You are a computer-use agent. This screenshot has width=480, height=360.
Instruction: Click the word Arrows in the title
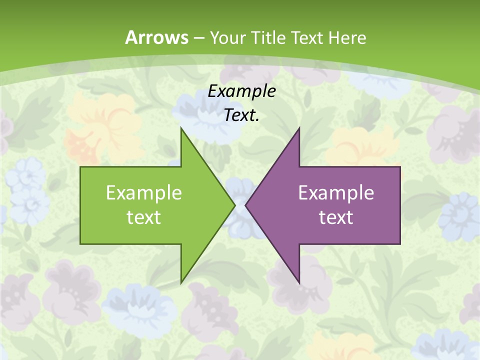pos(156,37)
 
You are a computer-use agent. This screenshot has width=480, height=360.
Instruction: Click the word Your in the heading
pos(227,38)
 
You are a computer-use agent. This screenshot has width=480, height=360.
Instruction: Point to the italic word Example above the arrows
pos(241,91)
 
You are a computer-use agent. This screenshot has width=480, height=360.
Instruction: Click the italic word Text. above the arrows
pos(241,115)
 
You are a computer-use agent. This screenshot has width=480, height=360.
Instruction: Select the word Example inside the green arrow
pos(143,192)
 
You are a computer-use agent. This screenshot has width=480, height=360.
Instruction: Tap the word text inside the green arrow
pos(143,217)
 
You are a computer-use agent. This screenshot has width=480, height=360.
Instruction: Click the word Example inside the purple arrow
pos(336,192)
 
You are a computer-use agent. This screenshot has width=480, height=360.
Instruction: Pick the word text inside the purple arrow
pos(336,217)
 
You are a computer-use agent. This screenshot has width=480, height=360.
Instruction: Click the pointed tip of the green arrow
pos(234,205)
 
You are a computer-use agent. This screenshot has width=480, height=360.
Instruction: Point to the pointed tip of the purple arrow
pos(246,205)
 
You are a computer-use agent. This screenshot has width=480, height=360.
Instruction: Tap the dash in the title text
pos(198,38)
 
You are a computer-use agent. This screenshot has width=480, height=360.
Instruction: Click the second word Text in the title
pos(307,38)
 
